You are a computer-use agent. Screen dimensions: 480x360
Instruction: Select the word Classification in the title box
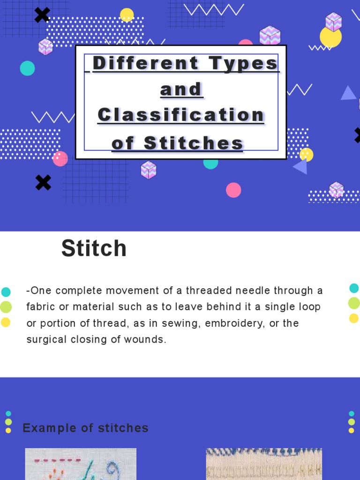click(181, 115)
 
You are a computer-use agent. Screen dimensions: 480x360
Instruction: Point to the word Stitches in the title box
click(194, 143)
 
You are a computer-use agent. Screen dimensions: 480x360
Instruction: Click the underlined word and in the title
click(181, 89)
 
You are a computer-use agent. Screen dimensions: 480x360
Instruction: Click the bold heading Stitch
click(94, 248)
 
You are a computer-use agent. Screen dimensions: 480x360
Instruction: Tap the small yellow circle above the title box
click(127, 15)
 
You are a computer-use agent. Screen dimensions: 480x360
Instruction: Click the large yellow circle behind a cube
click(330, 37)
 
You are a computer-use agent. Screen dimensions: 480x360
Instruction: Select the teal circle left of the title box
click(27, 68)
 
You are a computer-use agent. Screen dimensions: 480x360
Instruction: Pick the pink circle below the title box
click(233, 190)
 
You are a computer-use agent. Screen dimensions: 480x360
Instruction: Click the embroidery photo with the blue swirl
click(81, 464)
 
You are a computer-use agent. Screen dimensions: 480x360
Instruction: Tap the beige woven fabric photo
click(264, 464)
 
